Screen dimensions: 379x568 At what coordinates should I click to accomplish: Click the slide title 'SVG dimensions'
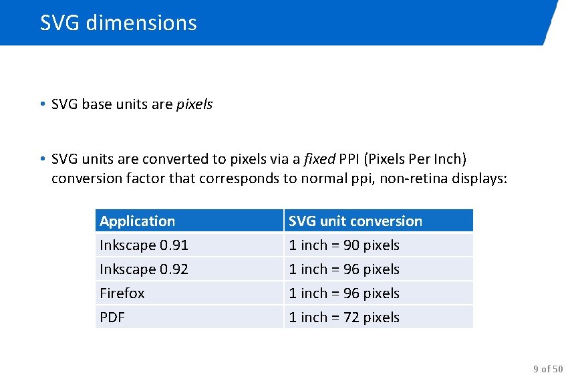coord(118,23)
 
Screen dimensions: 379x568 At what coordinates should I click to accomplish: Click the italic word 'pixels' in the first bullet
coord(194,105)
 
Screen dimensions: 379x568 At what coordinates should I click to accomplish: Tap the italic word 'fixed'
coord(320,160)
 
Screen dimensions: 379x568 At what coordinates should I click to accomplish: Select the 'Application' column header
coord(137,221)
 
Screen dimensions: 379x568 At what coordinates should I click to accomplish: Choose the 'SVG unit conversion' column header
coord(356,221)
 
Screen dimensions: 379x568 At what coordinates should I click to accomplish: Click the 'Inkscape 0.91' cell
coord(144,245)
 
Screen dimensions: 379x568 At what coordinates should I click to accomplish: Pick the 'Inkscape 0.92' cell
coord(144,269)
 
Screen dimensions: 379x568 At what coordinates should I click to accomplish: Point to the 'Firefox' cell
coord(122,293)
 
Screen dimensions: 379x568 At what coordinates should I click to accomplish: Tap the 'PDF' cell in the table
coord(112,318)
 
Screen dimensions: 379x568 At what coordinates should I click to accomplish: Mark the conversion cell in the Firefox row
coord(344,293)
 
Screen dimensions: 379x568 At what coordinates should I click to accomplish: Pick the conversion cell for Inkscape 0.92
coord(344,269)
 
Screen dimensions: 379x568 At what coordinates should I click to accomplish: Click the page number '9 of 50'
coord(548,369)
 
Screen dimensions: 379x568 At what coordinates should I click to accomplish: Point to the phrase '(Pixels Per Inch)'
coord(416,160)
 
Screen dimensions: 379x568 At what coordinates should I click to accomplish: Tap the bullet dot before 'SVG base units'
coord(42,104)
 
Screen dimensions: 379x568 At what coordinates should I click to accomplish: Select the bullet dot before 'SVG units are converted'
coord(42,159)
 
